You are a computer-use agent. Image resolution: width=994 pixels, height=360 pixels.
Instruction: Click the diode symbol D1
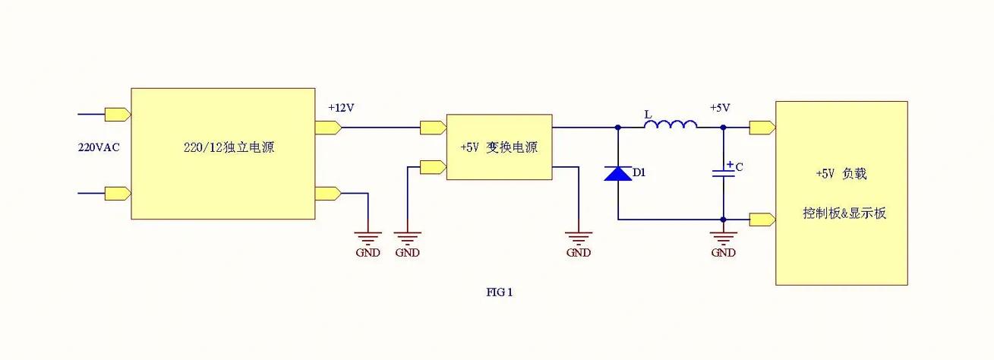617,173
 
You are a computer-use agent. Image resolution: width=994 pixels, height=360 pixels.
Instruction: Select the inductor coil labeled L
671,123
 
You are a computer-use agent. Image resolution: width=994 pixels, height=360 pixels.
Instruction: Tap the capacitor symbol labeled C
723,173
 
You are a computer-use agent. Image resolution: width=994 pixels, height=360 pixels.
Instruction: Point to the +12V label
341,108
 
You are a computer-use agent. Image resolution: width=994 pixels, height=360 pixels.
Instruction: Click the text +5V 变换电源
499,147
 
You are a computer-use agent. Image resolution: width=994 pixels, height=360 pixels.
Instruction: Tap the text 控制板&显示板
844,213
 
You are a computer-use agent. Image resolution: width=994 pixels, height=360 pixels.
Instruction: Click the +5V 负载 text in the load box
841,174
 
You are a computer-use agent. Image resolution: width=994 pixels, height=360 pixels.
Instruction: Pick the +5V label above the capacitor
720,108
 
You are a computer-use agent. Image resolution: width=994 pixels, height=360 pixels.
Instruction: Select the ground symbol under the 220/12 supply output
368,237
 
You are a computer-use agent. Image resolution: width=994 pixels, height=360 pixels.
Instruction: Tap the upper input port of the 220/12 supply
118,115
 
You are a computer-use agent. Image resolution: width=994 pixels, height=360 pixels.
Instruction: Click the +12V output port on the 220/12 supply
327,128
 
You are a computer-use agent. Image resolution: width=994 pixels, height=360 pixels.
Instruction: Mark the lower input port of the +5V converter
433,167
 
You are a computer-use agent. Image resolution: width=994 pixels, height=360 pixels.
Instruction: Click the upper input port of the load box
762,128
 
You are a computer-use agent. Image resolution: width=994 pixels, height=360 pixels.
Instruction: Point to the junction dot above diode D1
617,128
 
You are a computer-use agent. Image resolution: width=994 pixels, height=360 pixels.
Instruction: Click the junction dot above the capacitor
723,128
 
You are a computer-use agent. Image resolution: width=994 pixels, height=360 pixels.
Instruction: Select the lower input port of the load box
762,219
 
